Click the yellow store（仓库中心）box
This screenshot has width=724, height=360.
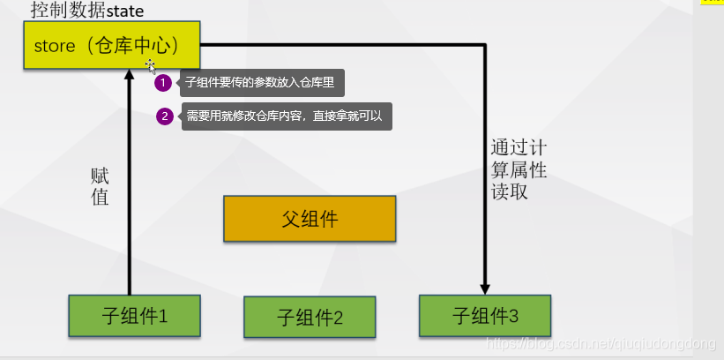pos(111,44)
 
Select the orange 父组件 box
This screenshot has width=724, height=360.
pos(309,219)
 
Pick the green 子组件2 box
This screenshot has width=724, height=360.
pos(310,318)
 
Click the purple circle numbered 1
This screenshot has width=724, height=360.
pos(163,84)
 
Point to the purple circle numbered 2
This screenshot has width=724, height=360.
pos(163,116)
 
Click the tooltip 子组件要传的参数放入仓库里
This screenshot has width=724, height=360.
pos(262,84)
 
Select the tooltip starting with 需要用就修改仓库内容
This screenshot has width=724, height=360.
pos(287,116)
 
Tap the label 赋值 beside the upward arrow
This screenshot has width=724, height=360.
pos(100,186)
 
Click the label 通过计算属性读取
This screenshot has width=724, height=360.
pos(514,169)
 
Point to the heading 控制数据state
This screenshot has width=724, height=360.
pos(86,11)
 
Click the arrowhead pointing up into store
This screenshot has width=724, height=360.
pos(130,75)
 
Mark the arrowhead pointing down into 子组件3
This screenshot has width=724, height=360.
pos(485,287)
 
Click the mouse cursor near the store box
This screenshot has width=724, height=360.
pos(151,66)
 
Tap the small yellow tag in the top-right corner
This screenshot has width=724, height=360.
pos(711,2)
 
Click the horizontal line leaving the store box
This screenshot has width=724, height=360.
pos(344,44)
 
